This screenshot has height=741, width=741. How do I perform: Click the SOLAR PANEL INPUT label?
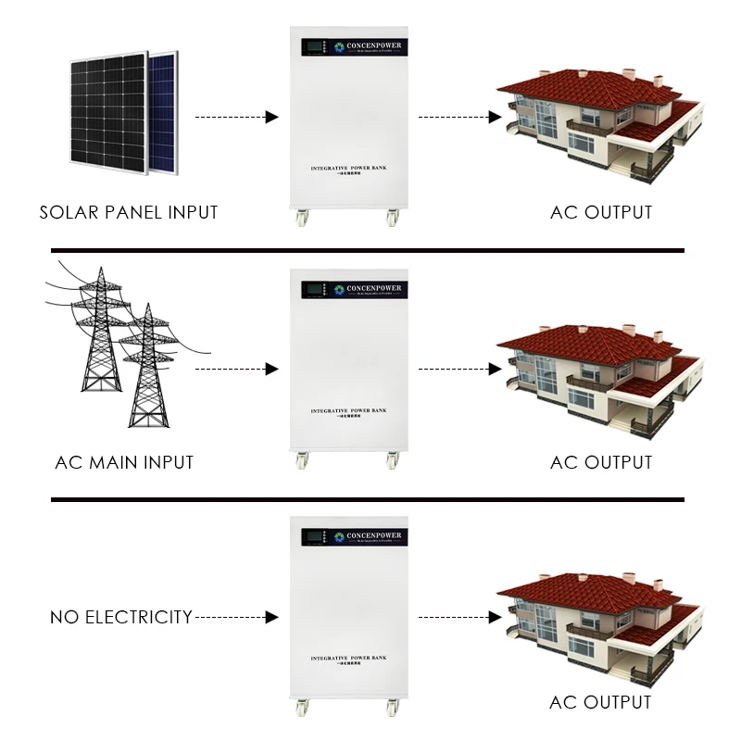(x=129, y=212)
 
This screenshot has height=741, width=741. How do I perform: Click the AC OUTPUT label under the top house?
(x=601, y=212)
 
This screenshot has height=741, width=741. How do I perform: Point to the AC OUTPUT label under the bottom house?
(x=601, y=702)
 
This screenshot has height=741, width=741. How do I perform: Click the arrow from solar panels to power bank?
(x=236, y=118)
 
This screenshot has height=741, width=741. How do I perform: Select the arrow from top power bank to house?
(x=458, y=118)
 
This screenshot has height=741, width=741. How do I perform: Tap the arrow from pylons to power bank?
(x=236, y=369)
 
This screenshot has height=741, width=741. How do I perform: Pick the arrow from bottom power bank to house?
(x=458, y=616)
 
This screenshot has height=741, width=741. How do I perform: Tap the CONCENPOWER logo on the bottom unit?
(x=369, y=535)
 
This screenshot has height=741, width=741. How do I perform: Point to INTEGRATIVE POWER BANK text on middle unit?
(x=347, y=409)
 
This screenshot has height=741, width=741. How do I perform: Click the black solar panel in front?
(x=107, y=111)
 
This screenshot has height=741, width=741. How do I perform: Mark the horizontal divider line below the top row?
(x=368, y=250)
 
